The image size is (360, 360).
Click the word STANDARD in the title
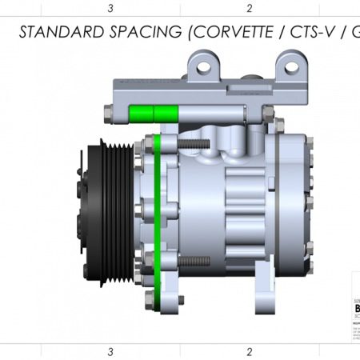click(x=57, y=32)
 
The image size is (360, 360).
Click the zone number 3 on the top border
click(x=110, y=8)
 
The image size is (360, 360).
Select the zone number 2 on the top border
click(x=250, y=8)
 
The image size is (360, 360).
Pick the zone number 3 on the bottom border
click(x=110, y=351)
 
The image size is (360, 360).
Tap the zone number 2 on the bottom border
click(x=250, y=351)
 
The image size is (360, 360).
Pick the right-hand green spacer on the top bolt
click(x=166, y=113)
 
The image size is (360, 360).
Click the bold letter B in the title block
click(x=356, y=306)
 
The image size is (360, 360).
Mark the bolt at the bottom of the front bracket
click(x=149, y=302)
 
